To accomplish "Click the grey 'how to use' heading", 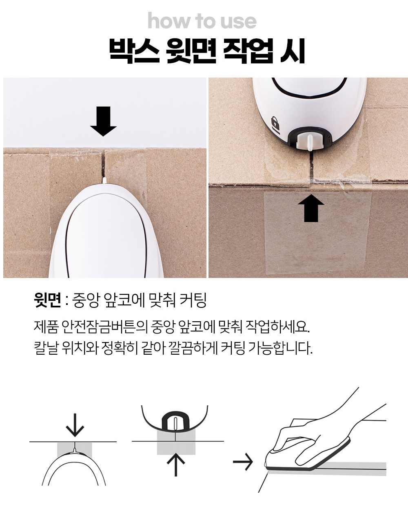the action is click(202, 21).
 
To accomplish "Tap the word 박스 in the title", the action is click(134, 51).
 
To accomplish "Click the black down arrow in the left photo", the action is click(103, 121).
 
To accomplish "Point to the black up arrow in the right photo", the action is click(311, 208).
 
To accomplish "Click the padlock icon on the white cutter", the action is click(275, 123).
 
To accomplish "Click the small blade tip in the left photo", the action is click(104, 180).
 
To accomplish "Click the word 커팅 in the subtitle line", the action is click(193, 300).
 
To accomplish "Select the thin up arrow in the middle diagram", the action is click(175, 465).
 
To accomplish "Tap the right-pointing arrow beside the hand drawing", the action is click(242, 462).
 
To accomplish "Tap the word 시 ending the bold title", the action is click(293, 51).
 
